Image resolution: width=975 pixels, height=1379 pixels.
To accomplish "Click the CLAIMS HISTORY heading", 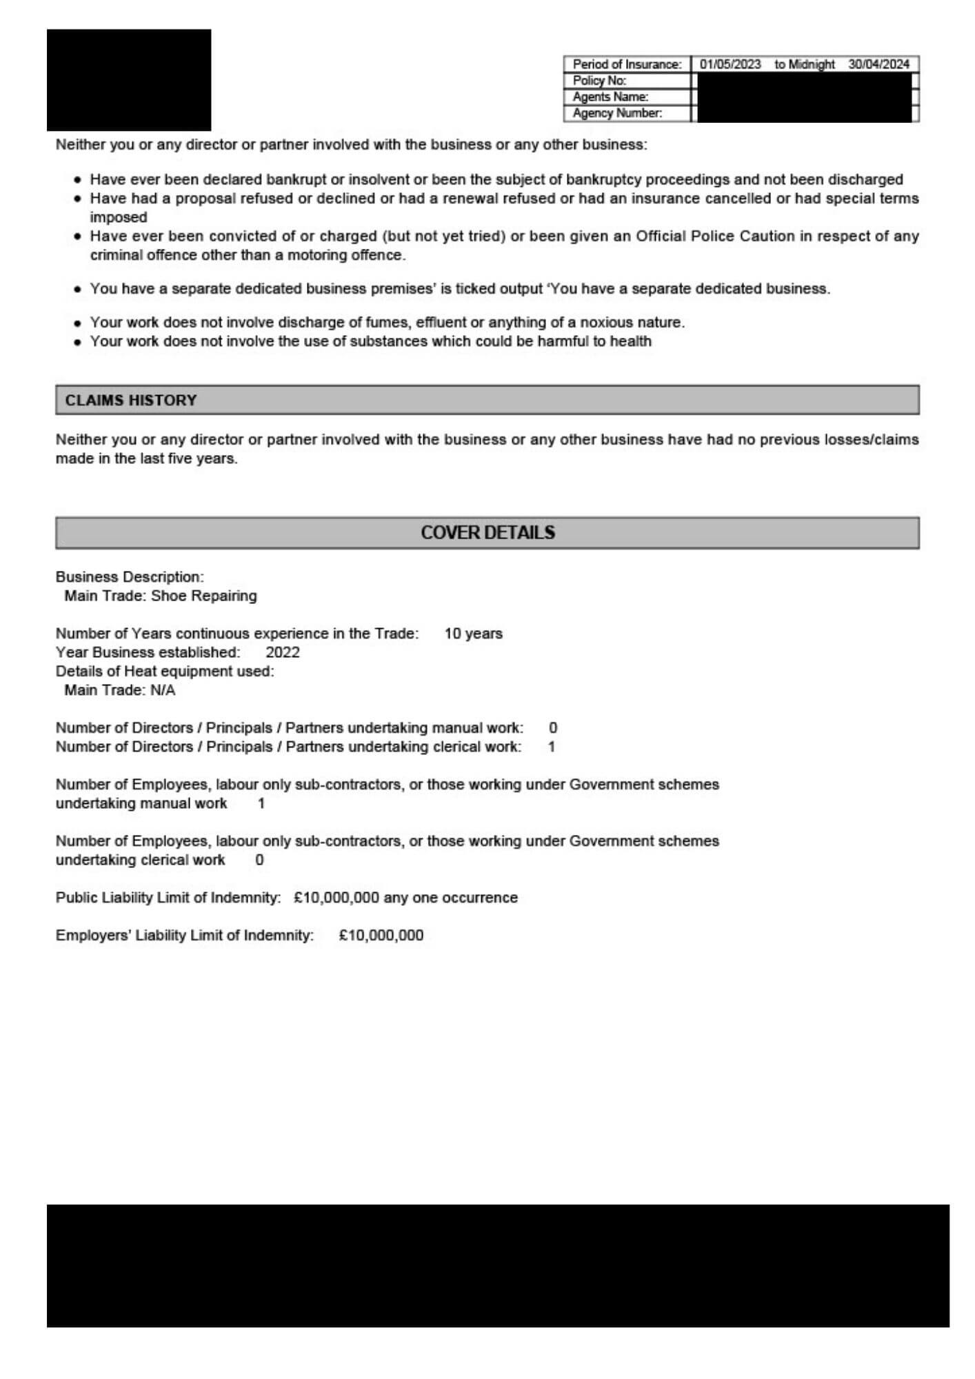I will pos(131,401).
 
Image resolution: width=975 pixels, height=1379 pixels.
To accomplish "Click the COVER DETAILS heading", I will pos(487,532).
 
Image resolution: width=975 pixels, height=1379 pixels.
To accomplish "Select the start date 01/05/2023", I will pos(730,64).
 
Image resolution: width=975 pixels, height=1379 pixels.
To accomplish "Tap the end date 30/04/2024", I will pos(878,64).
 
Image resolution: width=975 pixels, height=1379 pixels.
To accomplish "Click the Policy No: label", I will pos(599,81).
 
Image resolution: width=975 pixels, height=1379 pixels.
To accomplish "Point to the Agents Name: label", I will pos(610,97).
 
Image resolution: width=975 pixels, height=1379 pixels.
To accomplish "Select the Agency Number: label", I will pos(617,113).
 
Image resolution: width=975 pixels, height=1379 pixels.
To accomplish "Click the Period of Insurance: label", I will pos(627,64).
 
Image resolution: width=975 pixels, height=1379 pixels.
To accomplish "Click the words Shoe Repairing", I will pos(203,596).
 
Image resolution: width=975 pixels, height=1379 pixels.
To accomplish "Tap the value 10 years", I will pos(473,634).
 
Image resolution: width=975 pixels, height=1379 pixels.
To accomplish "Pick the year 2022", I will pos(283,652).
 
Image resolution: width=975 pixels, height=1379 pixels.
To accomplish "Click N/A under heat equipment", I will pos(163,690).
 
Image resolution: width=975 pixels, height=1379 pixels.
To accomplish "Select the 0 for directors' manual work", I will pos(553,728).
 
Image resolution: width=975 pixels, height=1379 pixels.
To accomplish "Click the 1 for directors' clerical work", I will pos(551,747).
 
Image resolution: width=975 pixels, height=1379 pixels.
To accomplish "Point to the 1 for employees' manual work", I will pos(261,803).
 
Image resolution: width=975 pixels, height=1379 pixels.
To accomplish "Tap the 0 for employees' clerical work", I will pos(259,860).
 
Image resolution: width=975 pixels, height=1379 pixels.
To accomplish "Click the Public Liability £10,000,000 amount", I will pos(336,898).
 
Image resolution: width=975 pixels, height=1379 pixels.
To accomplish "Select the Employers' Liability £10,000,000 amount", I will pos(381,936).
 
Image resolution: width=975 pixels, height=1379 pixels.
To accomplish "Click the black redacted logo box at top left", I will pos(129,80).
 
